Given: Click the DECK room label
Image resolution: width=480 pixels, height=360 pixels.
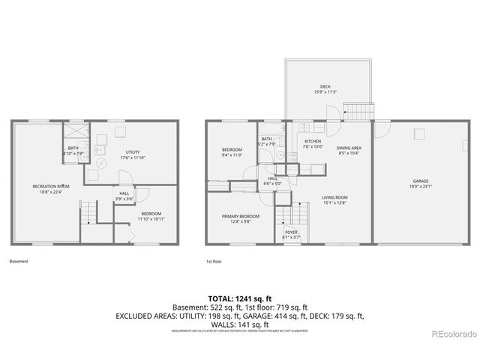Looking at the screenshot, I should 325,87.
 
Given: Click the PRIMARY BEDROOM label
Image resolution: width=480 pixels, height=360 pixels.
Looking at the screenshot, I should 240,217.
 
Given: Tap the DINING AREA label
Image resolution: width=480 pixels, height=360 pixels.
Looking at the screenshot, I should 349,148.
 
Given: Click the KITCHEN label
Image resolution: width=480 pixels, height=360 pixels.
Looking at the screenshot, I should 313,142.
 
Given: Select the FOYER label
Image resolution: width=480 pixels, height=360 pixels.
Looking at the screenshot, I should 291,232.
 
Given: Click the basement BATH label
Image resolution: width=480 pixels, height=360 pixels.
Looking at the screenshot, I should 73,148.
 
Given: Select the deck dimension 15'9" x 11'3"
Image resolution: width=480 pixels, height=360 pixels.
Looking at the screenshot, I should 325,92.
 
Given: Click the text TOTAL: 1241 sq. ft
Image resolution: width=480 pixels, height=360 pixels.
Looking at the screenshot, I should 239,298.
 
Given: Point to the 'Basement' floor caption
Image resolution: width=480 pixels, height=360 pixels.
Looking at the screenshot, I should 19,262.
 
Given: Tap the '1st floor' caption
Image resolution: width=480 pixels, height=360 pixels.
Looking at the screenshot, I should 215,262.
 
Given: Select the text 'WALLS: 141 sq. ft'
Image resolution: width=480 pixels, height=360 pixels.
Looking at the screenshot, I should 239,324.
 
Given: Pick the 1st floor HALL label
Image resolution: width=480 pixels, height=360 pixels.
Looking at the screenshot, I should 272,178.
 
